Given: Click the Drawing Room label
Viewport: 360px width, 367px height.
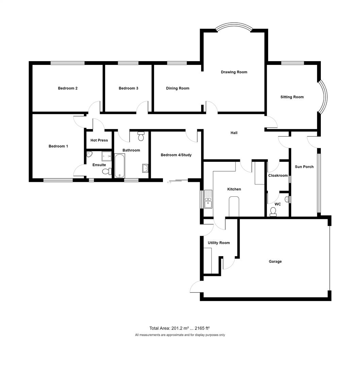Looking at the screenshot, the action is tap(234, 72).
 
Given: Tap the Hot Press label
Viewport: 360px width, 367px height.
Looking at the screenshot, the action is tap(99, 140).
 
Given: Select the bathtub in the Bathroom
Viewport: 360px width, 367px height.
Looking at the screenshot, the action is tap(120, 165).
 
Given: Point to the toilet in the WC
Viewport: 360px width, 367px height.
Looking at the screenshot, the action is tap(273, 212).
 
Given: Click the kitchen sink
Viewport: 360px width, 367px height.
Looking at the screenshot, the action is tap(208, 199).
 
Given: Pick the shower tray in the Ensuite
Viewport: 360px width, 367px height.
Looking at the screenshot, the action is tap(107, 156).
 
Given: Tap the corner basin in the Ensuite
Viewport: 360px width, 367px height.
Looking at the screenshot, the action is tap(89, 154).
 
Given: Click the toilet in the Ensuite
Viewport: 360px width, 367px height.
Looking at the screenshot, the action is tap(107, 172).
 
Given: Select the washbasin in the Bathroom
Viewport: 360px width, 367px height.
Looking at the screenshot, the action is tap(145, 168).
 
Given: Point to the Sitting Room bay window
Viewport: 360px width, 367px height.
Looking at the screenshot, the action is tap(323, 97).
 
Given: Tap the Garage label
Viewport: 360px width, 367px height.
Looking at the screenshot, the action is tap(275, 261).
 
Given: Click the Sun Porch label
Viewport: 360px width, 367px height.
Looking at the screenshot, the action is tap(304, 167).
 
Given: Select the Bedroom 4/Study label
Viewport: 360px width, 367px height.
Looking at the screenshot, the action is tap(176, 155).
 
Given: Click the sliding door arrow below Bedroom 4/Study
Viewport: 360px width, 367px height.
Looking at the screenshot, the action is tap(169, 182).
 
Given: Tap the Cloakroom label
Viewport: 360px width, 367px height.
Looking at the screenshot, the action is tap(278, 176).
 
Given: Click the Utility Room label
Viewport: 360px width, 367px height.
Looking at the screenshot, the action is tap(219, 243).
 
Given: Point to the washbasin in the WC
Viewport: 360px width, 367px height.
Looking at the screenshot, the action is tap(287, 199).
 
